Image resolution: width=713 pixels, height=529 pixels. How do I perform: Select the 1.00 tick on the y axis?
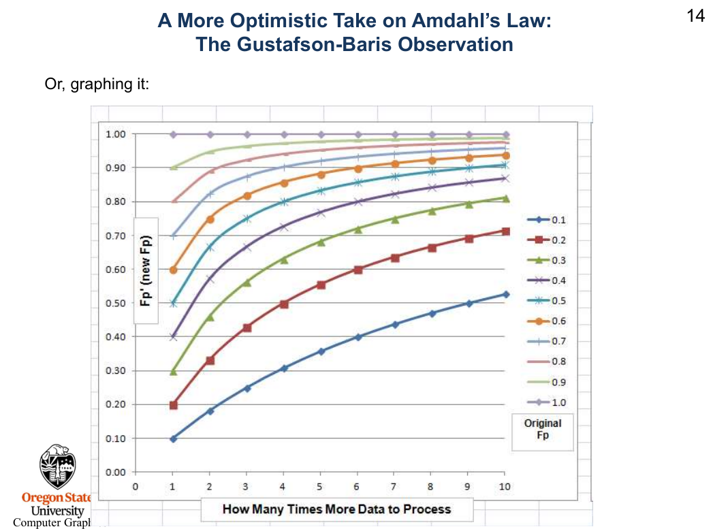click(115, 134)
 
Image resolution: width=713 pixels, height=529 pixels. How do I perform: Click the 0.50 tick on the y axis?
click(115, 303)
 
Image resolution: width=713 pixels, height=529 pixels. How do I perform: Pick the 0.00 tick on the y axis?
click(115, 472)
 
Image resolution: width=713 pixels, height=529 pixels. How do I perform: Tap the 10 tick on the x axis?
click(504, 487)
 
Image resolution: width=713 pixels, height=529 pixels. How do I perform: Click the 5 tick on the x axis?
click(320, 487)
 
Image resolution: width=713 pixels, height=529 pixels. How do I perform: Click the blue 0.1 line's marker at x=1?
click(173, 438)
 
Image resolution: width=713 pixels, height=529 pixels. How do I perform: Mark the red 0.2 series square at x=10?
click(505, 231)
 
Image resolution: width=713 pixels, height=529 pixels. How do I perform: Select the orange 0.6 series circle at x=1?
click(173, 270)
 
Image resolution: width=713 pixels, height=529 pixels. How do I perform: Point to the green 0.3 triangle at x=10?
click(505, 198)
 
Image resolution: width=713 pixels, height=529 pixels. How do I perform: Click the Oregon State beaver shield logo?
click(58, 467)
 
